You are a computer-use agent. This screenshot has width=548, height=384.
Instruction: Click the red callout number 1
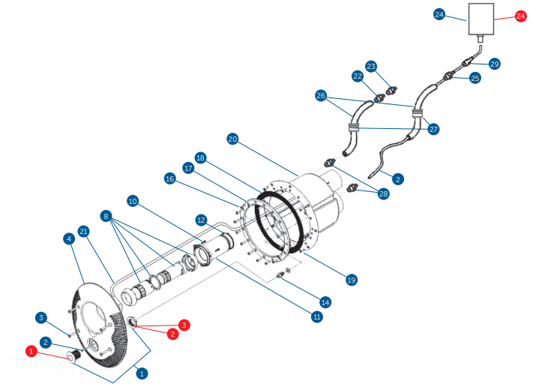[31, 351]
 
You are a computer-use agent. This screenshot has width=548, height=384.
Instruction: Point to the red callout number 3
[184, 325]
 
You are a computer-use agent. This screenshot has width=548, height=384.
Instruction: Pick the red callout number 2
[172, 334]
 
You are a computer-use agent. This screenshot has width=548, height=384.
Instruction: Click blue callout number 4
[69, 239]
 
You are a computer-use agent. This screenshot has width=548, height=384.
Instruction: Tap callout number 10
[133, 201]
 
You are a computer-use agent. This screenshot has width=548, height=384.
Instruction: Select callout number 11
[318, 317]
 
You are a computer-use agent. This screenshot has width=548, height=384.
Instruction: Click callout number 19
[351, 280]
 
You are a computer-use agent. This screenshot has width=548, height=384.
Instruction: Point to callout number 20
[232, 139]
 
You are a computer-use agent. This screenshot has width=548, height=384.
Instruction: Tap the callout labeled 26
[321, 95]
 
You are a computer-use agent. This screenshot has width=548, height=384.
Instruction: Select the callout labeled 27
[433, 129]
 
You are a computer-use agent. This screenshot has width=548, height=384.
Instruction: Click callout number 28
[385, 193]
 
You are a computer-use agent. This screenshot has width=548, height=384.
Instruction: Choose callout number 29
[494, 64]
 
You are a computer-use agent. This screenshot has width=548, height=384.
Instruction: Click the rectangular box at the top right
[481, 19]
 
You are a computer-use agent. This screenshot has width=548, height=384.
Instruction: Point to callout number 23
[370, 66]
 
